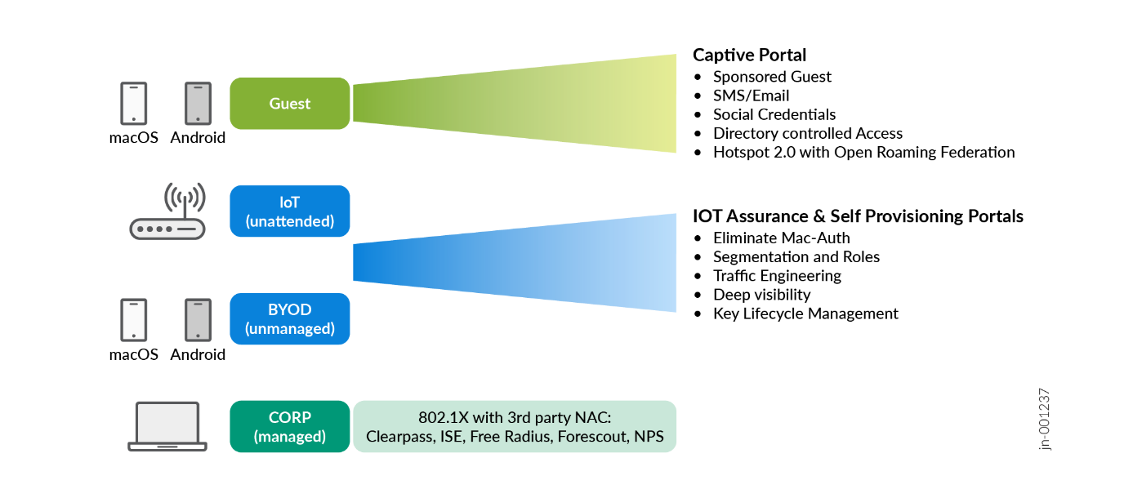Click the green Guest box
click(289, 104)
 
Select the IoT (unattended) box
click(289, 211)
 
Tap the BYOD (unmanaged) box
click(289, 319)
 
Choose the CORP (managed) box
click(289, 427)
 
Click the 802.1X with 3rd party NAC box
click(515, 427)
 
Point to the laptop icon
click(167, 426)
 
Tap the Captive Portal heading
click(749, 55)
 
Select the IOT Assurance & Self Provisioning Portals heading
click(858, 216)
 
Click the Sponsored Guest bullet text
click(772, 77)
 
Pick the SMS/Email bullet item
click(751, 96)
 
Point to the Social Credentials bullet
click(774, 114)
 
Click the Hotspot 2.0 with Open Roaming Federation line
click(863, 152)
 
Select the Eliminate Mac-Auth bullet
click(781, 238)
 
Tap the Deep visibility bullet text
click(761, 295)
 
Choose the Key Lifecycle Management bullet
click(805, 313)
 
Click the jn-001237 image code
click(1045, 418)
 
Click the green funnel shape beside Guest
click(515, 103)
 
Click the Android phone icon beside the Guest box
click(198, 103)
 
